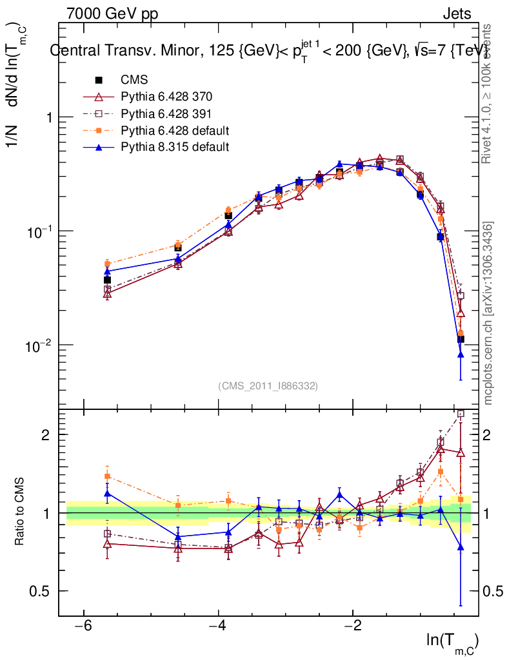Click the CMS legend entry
point(134,80)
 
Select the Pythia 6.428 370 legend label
point(166,97)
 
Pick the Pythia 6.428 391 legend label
point(166,113)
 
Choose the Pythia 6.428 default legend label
point(175,130)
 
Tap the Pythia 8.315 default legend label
point(175,147)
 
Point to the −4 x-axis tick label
point(218,626)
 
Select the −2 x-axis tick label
point(352,626)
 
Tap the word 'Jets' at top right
point(457,14)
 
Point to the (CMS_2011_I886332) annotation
point(268,385)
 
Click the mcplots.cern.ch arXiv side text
point(489,313)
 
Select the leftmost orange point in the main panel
point(108,264)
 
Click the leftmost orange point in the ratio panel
point(108,476)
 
